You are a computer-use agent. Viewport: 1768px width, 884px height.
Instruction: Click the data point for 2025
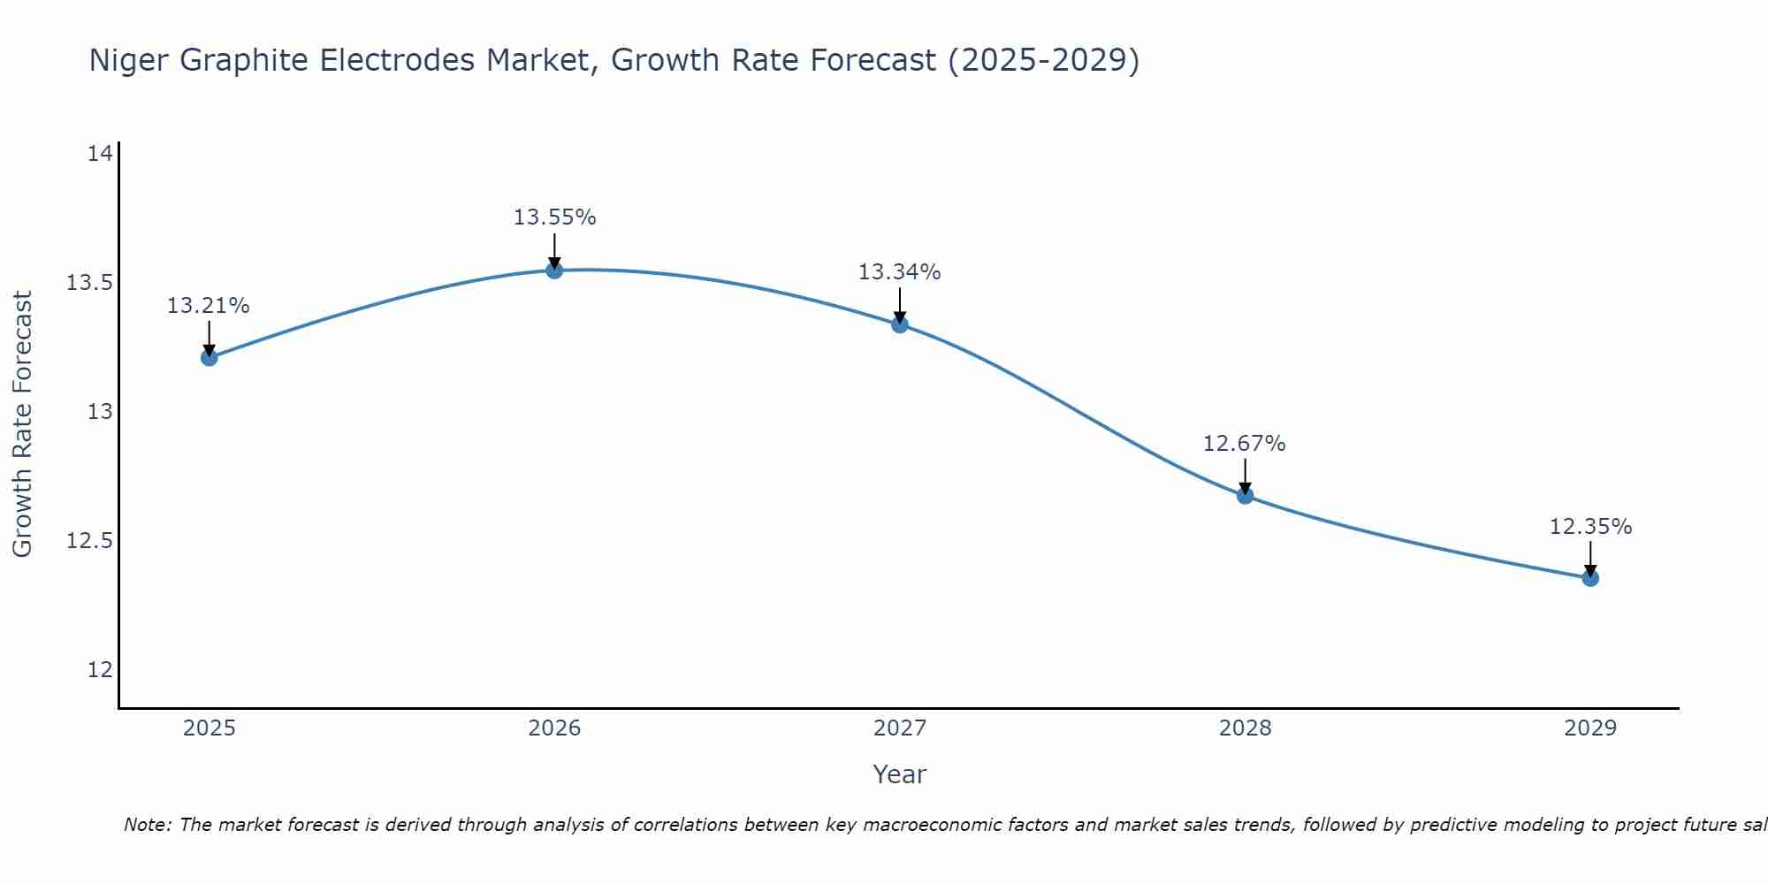209,357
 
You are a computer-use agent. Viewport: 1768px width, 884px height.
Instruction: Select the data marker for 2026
554,270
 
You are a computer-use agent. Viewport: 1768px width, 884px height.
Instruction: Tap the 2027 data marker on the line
900,324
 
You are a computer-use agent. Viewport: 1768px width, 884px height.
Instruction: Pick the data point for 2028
1245,495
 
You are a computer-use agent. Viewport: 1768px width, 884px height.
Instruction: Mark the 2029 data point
1590,578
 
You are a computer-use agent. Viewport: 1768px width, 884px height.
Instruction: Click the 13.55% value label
554,217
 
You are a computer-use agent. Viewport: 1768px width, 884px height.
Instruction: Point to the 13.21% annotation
209,306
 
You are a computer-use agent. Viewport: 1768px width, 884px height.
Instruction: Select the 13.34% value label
900,272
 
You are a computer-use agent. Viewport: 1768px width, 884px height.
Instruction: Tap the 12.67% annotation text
1245,444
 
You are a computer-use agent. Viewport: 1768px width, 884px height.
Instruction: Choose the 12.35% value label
1590,527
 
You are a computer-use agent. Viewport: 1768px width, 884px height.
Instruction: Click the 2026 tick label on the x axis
554,728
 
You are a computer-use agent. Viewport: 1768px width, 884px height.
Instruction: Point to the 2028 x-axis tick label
1245,728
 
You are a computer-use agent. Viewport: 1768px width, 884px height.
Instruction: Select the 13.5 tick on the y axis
90,283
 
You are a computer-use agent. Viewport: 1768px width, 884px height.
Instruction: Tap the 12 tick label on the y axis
100,670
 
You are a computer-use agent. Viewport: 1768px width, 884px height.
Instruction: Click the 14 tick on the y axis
100,154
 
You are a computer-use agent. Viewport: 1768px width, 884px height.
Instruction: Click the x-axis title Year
899,774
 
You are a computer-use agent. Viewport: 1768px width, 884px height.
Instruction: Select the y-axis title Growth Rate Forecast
22,423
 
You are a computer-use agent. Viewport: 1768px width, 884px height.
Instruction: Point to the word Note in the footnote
146,825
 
